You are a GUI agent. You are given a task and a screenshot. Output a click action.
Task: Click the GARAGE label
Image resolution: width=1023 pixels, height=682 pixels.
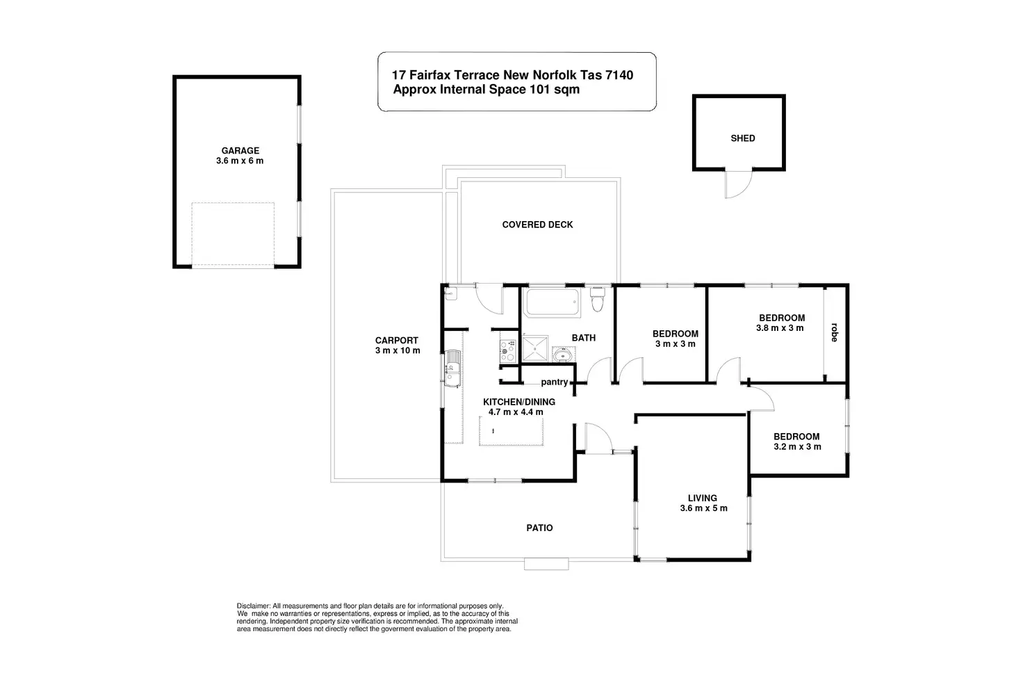[240, 150]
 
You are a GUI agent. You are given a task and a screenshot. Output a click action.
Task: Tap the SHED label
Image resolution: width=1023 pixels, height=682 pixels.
[742, 138]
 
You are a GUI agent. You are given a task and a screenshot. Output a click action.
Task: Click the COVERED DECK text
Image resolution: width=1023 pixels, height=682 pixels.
[537, 225]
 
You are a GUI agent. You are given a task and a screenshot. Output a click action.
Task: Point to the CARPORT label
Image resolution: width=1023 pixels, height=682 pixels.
[397, 341]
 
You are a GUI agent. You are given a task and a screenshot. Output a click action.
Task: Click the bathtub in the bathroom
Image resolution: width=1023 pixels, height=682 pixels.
[553, 303]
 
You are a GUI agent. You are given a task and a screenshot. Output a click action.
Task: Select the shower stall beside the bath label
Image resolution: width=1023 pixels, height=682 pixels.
[535, 349]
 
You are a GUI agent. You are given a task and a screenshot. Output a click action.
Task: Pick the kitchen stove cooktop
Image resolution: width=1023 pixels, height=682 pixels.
[507, 350]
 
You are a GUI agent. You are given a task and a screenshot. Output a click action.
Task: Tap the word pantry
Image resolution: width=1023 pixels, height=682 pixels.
[555, 382]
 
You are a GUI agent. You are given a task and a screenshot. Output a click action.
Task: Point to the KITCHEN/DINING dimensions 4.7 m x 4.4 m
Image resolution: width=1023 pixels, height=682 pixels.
[516, 412]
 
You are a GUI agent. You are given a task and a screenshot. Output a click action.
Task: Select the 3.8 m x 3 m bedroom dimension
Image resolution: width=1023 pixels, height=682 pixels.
[780, 328]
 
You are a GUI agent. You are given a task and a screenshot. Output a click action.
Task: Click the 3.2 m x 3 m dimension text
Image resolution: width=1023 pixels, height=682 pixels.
[797, 446]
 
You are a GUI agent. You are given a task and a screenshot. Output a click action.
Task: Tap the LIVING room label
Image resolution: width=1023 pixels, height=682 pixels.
[702, 498]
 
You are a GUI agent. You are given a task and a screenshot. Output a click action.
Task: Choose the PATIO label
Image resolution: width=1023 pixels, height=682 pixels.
[539, 528]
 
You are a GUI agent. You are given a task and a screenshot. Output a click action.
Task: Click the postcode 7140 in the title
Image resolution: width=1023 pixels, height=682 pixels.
[618, 75]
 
